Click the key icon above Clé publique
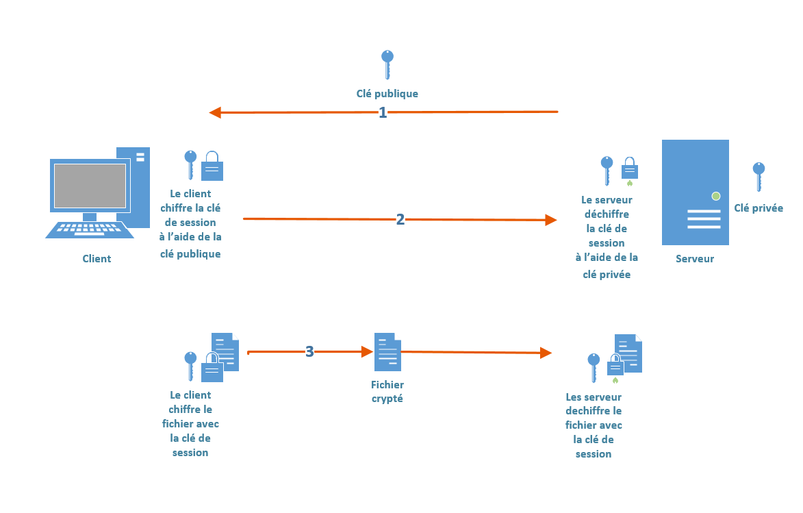[x=387, y=64]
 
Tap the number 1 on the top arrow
[x=383, y=112]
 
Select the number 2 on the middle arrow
[x=400, y=219]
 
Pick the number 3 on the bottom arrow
[x=309, y=351]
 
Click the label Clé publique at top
[x=387, y=93]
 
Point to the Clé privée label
[x=759, y=208]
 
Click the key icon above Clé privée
[x=759, y=176]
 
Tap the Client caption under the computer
[x=97, y=258]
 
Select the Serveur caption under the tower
[x=694, y=258]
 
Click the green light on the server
[x=716, y=196]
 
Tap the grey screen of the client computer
[x=90, y=186]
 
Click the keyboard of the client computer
[x=90, y=230]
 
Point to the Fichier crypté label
[x=387, y=391]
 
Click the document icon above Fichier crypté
[x=387, y=352]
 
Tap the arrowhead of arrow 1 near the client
[x=215, y=112]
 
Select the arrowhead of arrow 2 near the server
[x=551, y=220]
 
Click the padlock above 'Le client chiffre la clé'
[x=212, y=166]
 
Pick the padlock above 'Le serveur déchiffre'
[x=629, y=168]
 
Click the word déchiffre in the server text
[x=607, y=214]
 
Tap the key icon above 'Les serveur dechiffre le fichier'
[x=594, y=367]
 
